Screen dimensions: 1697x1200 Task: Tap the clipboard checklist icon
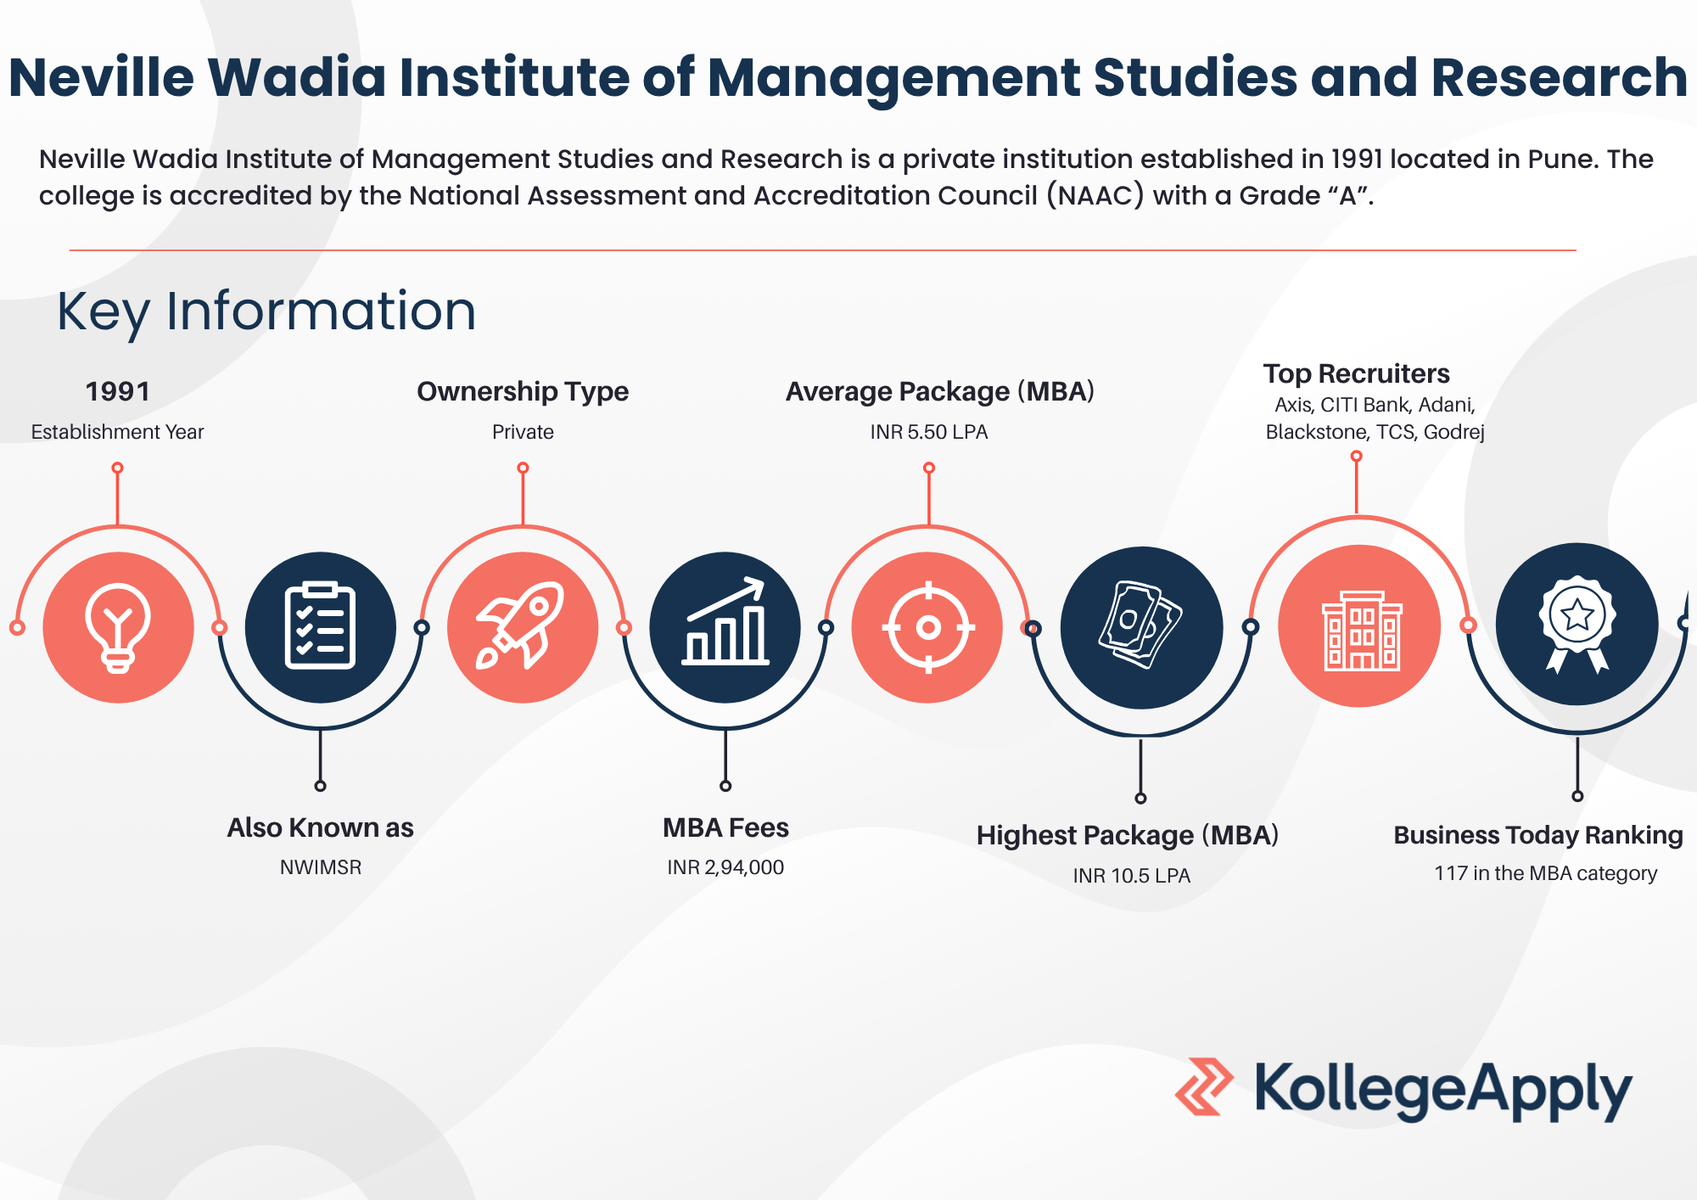tap(320, 626)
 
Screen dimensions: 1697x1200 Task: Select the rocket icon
tap(520, 626)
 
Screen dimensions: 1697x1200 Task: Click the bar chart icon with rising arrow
tap(725, 621)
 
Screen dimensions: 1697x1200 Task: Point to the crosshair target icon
tap(928, 628)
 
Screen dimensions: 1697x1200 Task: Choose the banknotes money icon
tap(1140, 625)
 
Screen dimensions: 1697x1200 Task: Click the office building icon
tap(1361, 631)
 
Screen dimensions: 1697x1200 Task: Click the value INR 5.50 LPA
tap(929, 432)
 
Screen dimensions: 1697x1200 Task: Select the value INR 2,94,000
tap(725, 867)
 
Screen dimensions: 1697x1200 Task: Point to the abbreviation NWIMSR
tap(321, 867)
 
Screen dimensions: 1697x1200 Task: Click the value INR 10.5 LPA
tap(1132, 876)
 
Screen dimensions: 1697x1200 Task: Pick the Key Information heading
tap(266, 311)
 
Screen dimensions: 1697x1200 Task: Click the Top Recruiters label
tap(1356, 374)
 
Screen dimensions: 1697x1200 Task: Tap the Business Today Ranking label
tap(1538, 835)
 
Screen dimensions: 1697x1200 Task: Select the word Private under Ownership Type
tap(523, 432)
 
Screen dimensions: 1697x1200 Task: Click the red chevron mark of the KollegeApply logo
tap(1204, 1086)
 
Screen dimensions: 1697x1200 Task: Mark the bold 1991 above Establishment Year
tap(118, 392)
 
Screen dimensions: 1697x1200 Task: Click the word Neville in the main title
tap(102, 77)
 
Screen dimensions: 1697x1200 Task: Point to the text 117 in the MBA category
tap(1546, 873)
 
